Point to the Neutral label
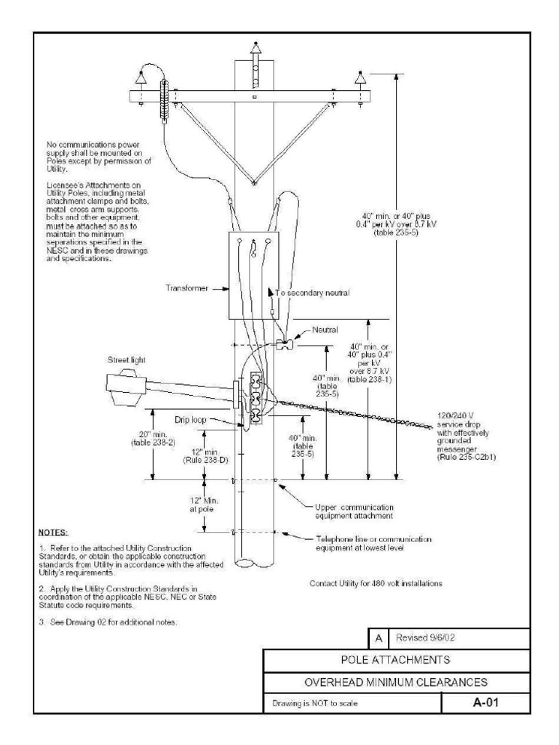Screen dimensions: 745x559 click(324, 329)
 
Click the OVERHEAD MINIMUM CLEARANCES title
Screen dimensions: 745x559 click(395, 683)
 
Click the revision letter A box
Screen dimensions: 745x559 click(378, 638)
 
